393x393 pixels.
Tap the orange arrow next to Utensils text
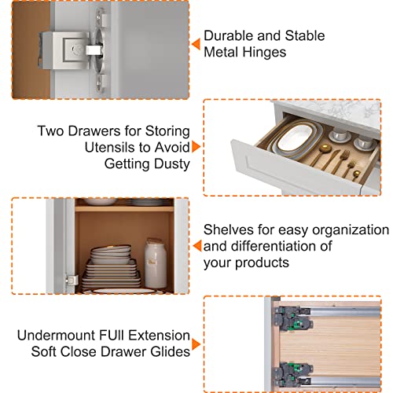[x=196, y=147]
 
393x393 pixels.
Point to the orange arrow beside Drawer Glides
[x=196, y=344]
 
